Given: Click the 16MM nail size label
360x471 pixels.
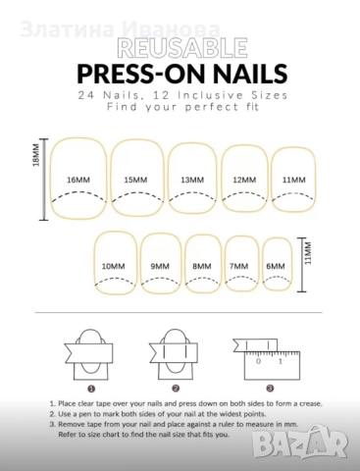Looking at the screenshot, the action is (x=78, y=180).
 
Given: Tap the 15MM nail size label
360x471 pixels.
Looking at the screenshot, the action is (x=135, y=180).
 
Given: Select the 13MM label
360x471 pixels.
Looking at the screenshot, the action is (x=192, y=180).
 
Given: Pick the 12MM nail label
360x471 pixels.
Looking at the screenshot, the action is (x=244, y=180).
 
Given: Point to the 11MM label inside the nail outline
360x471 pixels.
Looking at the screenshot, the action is (x=294, y=180).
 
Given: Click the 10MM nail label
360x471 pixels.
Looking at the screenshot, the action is (x=113, y=266).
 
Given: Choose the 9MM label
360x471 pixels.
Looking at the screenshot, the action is (x=160, y=266).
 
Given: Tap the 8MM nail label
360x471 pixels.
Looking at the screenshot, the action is (x=202, y=266).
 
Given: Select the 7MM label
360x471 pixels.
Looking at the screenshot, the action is (x=238, y=266).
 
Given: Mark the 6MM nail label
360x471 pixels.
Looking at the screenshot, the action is (x=276, y=266).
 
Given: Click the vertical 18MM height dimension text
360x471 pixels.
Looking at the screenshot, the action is (x=36, y=155).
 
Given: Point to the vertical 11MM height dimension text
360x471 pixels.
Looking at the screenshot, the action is (x=308, y=253).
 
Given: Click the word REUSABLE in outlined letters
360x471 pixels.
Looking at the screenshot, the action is (x=181, y=48).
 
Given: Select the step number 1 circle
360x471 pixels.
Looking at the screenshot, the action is (x=91, y=389).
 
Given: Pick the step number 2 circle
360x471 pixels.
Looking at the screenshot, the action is (x=176, y=389).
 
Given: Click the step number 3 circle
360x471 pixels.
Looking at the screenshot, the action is (x=270, y=389).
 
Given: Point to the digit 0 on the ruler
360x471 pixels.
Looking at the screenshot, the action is (x=259, y=361).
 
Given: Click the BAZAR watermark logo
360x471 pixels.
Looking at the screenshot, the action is (x=300, y=442).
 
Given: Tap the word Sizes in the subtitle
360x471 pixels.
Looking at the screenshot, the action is (x=270, y=95).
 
